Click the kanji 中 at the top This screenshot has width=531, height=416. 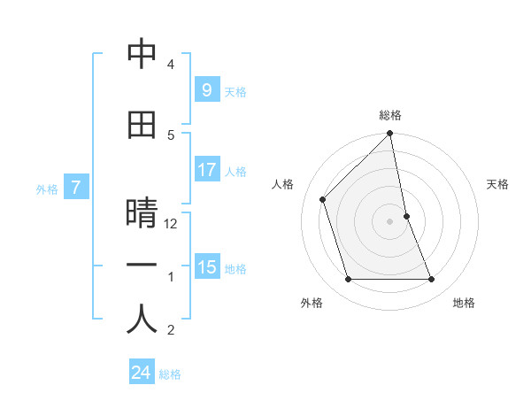point(142,55)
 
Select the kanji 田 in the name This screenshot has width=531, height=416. point(142,125)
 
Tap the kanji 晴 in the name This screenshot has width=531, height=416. point(142,214)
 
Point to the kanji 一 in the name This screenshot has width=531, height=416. point(142,266)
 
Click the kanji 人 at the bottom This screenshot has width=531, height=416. point(142,320)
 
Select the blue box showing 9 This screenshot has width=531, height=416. point(206,90)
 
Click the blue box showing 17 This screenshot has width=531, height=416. point(206,170)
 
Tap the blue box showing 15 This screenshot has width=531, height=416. point(206,267)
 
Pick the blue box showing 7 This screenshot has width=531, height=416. point(76,188)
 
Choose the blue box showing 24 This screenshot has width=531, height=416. point(141,373)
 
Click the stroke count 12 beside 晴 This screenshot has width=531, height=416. point(172,224)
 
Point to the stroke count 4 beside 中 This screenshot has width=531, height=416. point(171,65)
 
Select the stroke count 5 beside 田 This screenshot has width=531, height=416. point(171,135)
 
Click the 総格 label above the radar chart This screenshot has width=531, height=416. point(390,115)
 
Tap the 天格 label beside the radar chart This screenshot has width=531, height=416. point(498,184)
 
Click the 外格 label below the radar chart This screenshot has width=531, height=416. point(312,303)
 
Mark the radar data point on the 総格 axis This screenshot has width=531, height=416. point(389,134)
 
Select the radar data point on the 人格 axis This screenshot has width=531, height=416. point(323,199)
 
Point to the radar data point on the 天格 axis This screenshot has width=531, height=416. point(406,216)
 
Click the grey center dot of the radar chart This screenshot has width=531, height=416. point(389,221)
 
